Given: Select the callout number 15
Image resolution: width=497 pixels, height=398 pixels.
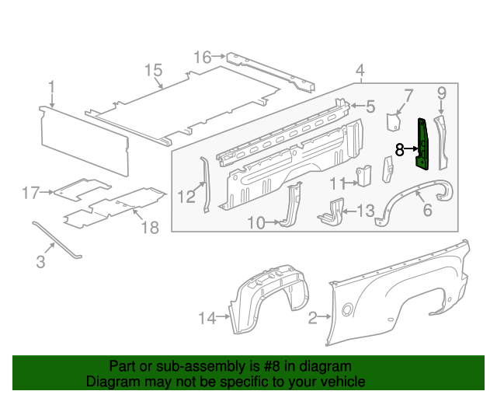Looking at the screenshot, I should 152,71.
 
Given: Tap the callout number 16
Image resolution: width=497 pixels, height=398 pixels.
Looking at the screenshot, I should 202,57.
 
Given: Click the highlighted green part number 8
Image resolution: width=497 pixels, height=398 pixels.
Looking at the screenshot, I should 424,145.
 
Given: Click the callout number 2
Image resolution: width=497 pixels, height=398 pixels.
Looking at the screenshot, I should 314,316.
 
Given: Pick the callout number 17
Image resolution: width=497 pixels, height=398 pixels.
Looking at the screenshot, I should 30,192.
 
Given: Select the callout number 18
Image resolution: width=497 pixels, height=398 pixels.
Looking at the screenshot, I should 149,227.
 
